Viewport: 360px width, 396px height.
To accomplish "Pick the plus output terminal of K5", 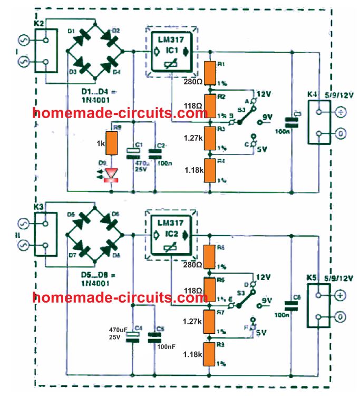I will point(339,295).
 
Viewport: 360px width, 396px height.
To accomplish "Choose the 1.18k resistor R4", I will point(210,170).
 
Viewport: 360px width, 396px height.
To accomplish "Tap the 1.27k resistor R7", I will point(210,322).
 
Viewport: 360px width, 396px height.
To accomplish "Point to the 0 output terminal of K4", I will point(340,134).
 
